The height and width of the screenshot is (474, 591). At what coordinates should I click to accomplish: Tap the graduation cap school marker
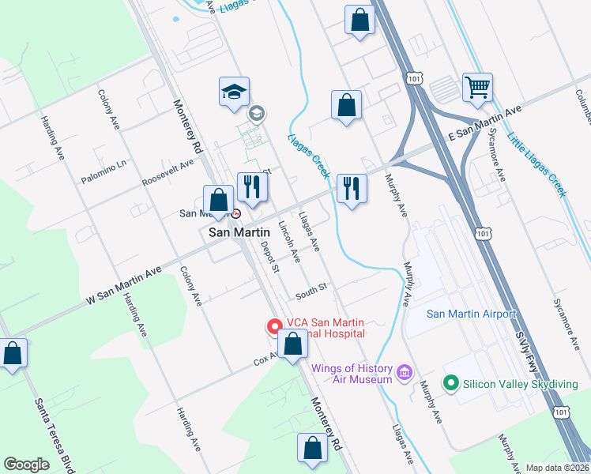234,92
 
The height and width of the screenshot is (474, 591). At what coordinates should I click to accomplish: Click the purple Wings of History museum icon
405,371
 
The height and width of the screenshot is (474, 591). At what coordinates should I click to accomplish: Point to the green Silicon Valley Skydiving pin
451,383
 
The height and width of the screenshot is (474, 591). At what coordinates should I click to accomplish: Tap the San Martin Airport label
471,314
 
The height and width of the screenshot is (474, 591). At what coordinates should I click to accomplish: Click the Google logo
26,465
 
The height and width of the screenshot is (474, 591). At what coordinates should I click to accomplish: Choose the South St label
311,291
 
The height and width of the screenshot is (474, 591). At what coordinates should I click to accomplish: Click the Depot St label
270,258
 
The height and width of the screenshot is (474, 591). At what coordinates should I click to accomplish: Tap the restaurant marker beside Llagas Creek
351,189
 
